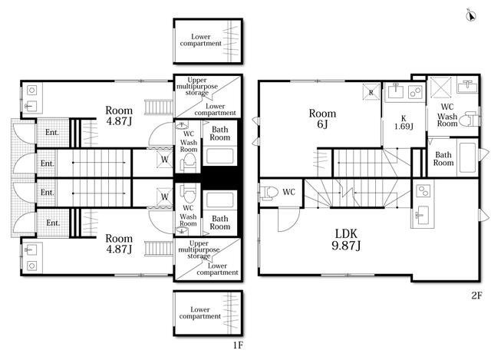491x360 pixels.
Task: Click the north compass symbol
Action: [x=471, y=15]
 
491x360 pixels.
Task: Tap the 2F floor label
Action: [x=476, y=296]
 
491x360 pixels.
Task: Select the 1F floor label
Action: [x=238, y=345]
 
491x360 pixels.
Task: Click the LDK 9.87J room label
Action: [x=346, y=239]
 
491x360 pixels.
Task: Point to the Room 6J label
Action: [x=322, y=119]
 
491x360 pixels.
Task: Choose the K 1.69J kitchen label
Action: [x=404, y=123]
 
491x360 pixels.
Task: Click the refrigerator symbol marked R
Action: [x=371, y=92]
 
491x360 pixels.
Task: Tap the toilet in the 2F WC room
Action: [x=269, y=193]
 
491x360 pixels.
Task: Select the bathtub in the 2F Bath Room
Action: [x=467, y=157]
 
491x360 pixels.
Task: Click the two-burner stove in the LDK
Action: [x=423, y=190]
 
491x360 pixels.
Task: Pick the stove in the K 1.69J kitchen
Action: [x=416, y=92]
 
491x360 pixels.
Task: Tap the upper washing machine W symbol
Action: [x=165, y=159]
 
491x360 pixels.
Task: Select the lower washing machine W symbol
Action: [x=165, y=197]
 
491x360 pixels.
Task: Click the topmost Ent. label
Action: [x=52, y=132]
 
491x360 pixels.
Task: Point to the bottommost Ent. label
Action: [x=53, y=223]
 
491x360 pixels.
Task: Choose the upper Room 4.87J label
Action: [x=119, y=116]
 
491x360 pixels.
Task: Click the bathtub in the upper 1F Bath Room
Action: [x=219, y=156]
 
